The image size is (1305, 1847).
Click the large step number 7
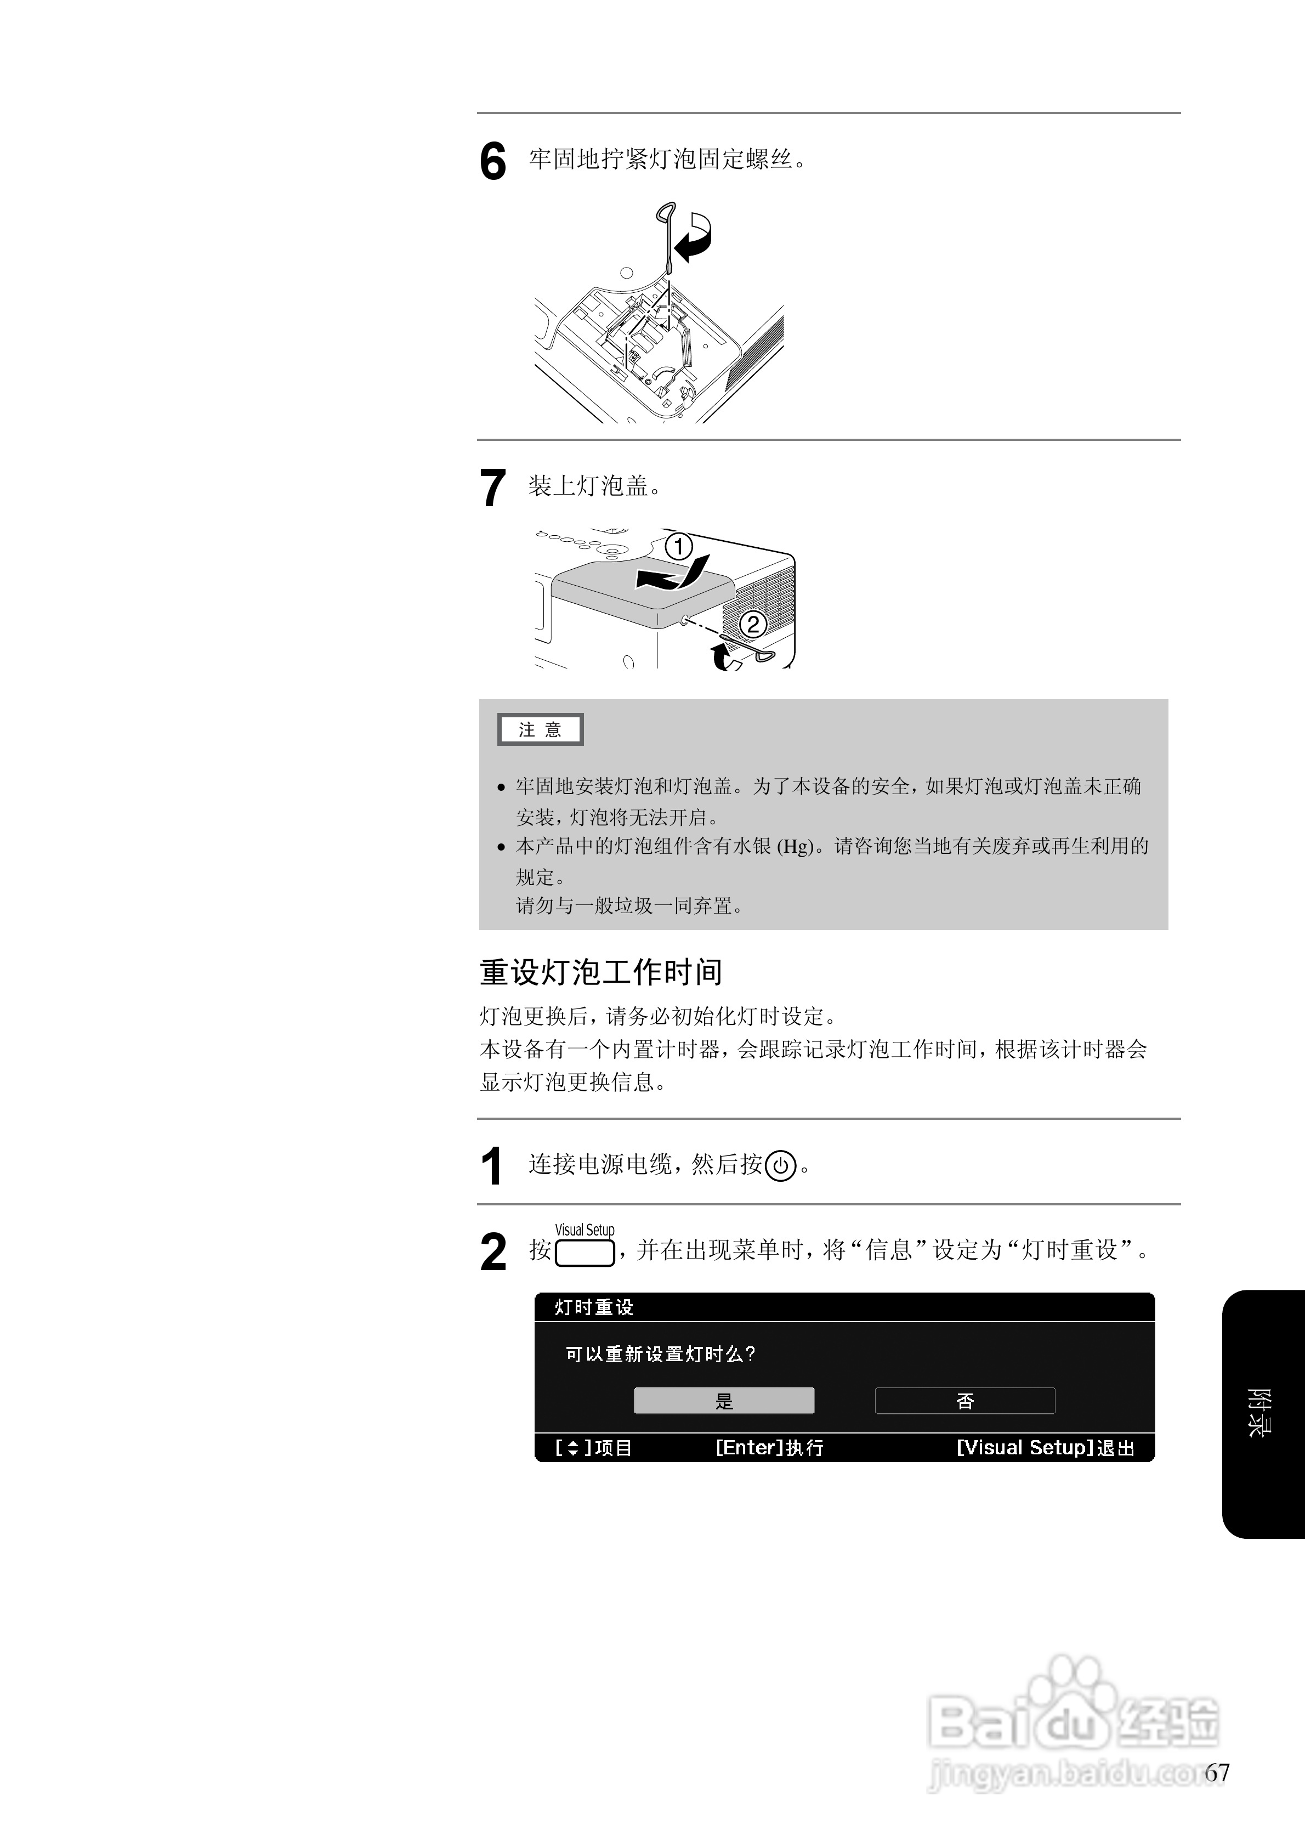(492, 488)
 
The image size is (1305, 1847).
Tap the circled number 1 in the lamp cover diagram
(679, 547)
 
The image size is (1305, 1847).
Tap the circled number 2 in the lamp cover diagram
(753, 624)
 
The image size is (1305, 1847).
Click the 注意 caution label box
(540, 729)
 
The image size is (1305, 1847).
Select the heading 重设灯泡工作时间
(600, 972)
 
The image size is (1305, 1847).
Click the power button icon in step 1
(780, 1166)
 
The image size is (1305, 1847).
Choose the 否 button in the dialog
(964, 1401)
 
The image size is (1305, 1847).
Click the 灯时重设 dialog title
(594, 1308)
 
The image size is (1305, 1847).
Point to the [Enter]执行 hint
(769, 1448)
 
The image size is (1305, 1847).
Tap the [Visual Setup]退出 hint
(1045, 1448)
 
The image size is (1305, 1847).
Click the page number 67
(1217, 1773)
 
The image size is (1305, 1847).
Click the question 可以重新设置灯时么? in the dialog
(660, 1355)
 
